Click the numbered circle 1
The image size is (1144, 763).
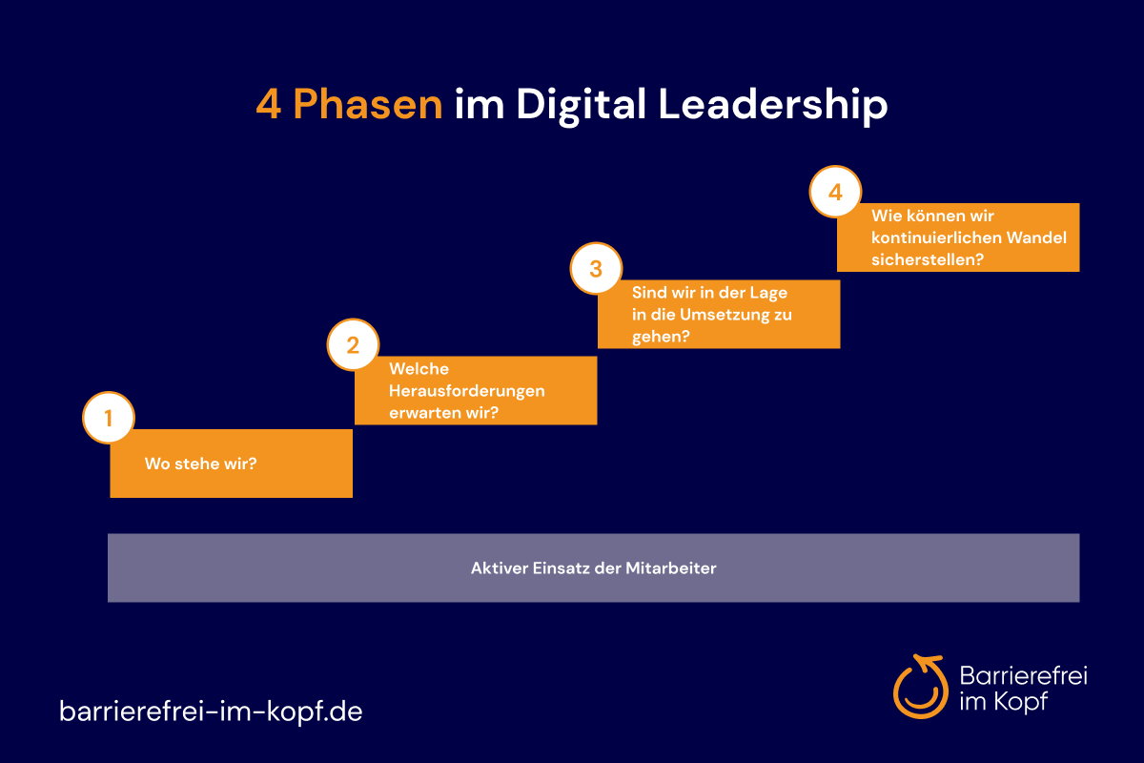pyautogui.click(x=109, y=418)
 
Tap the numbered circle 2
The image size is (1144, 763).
pyautogui.click(x=353, y=344)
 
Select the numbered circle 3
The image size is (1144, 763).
pyautogui.click(x=596, y=268)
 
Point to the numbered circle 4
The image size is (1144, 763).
pyautogui.click(x=835, y=192)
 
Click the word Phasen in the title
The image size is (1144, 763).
pyautogui.click(x=368, y=104)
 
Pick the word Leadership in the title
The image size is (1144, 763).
pyautogui.click(x=773, y=105)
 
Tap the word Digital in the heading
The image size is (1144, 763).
pyautogui.click(x=582, y=105)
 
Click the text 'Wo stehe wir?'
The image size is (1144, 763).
pyautogui.click(x=201, y=464)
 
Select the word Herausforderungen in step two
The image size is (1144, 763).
pyautogui.click(x=467, y=391)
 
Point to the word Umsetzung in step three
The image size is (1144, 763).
pyautogui.click(x=725, y=315)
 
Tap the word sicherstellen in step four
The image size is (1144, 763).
pyautogui.click(x=923, y=259)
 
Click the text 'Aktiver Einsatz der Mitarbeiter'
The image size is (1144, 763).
pyautogui.click(x=593, y=568)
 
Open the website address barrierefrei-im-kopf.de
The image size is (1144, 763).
pyautogui.click(x=211, y=711)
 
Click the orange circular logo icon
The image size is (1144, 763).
pyautogui.click(x=920, y=687)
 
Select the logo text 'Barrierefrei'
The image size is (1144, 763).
pyautogui.click(x=1024, y=675)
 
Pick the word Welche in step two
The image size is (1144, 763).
pyautogui.click(x=419, y=368)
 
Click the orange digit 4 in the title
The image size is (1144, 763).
pyautogui.click(x=269, y=104)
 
